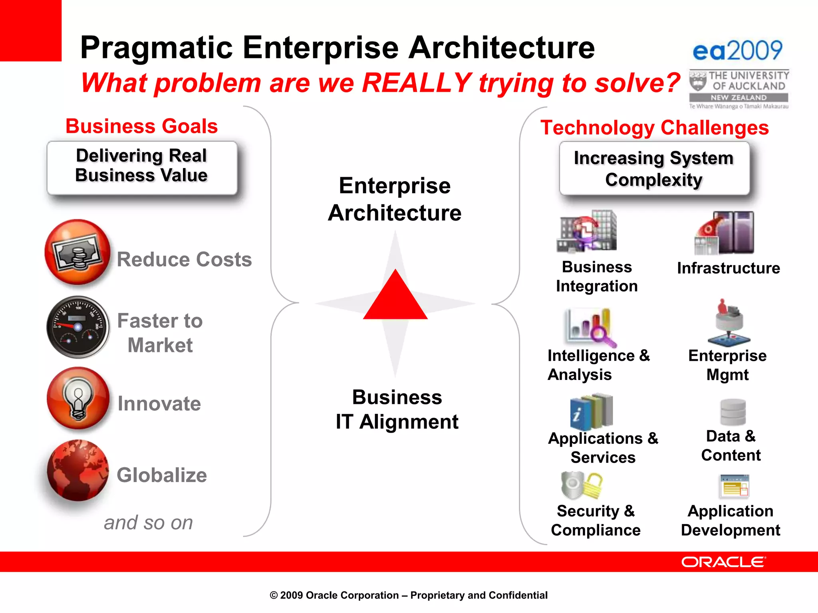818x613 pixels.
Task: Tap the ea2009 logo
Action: pos(737,51)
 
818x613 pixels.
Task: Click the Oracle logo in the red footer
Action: pos(723,562)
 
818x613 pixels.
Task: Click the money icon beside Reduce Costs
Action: pos(77,252)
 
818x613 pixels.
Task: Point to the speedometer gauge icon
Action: pos(78,327)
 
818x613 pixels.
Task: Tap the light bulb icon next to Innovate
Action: pos(78,399)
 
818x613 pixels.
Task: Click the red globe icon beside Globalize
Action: pos(77,471)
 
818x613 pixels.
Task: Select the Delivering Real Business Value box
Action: pos(142,168)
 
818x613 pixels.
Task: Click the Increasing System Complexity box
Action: pos(654,168)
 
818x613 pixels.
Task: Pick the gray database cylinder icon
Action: pos(733,412)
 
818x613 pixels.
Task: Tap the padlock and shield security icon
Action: pos(582,485)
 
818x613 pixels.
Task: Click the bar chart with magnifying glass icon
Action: pos(590,327)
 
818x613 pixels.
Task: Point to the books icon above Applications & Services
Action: pos(592,411)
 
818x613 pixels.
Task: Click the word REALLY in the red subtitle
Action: pos(417,83)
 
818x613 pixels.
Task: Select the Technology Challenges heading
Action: pos(654,128)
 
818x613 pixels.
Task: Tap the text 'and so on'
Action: pos(148,522)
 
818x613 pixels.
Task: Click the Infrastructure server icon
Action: pos(725,233)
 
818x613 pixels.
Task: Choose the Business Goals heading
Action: pos(141,126)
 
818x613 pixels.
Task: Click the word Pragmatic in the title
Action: pos(156,47)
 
